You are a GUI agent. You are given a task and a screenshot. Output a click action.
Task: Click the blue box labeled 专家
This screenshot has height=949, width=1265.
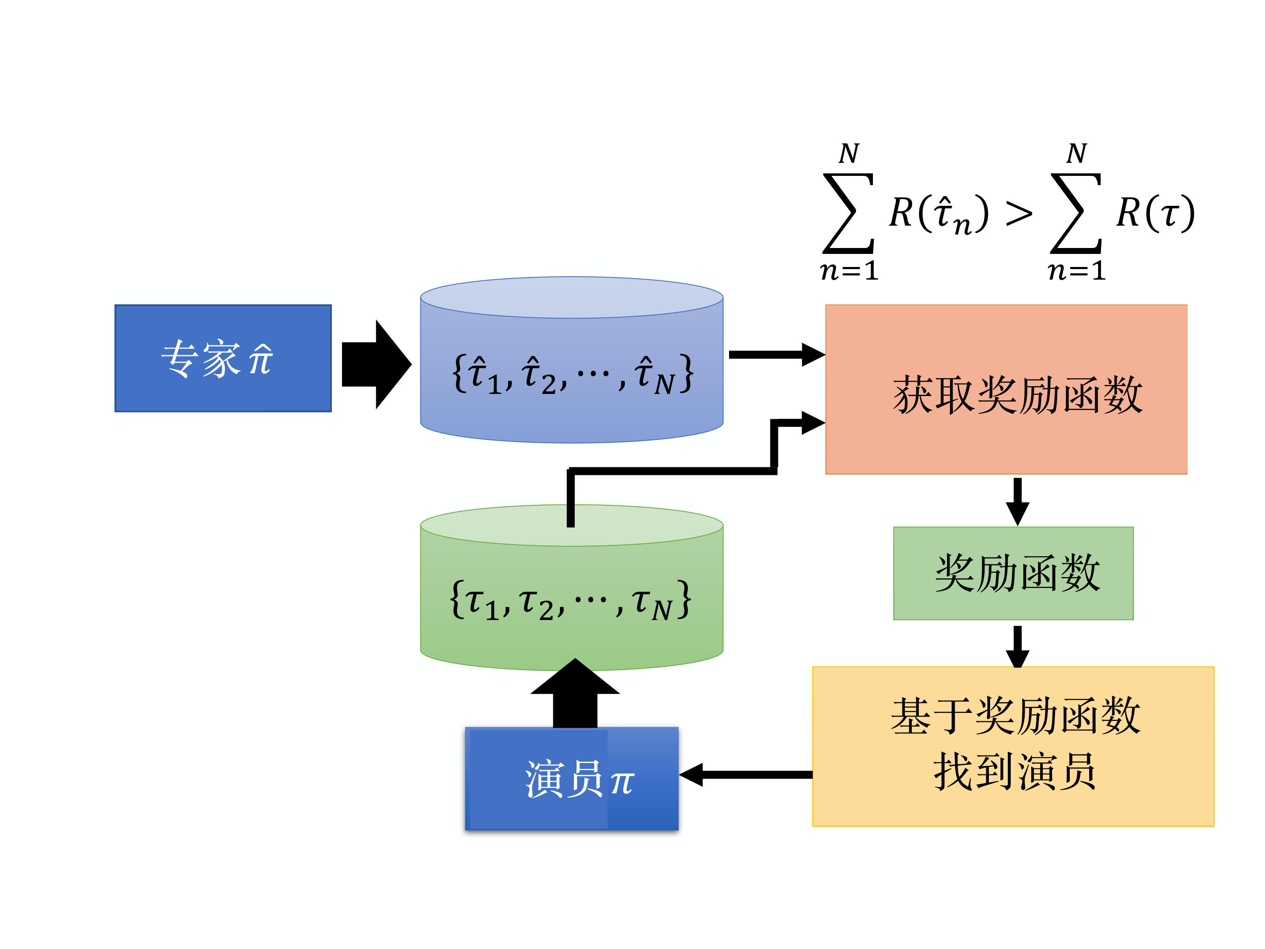coord(223,358)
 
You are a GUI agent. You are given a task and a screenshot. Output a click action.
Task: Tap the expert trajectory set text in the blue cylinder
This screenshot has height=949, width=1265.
coord(572,374)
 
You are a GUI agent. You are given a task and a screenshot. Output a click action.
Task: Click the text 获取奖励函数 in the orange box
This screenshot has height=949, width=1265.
coord(1017,395)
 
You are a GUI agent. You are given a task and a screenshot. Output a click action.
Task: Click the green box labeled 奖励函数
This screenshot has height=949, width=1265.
coord(1013,573)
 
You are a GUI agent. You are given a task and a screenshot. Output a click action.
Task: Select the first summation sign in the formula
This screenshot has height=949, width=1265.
coord(848,213)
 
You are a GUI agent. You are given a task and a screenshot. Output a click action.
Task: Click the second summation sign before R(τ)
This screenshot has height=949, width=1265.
coord(1076,213)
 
